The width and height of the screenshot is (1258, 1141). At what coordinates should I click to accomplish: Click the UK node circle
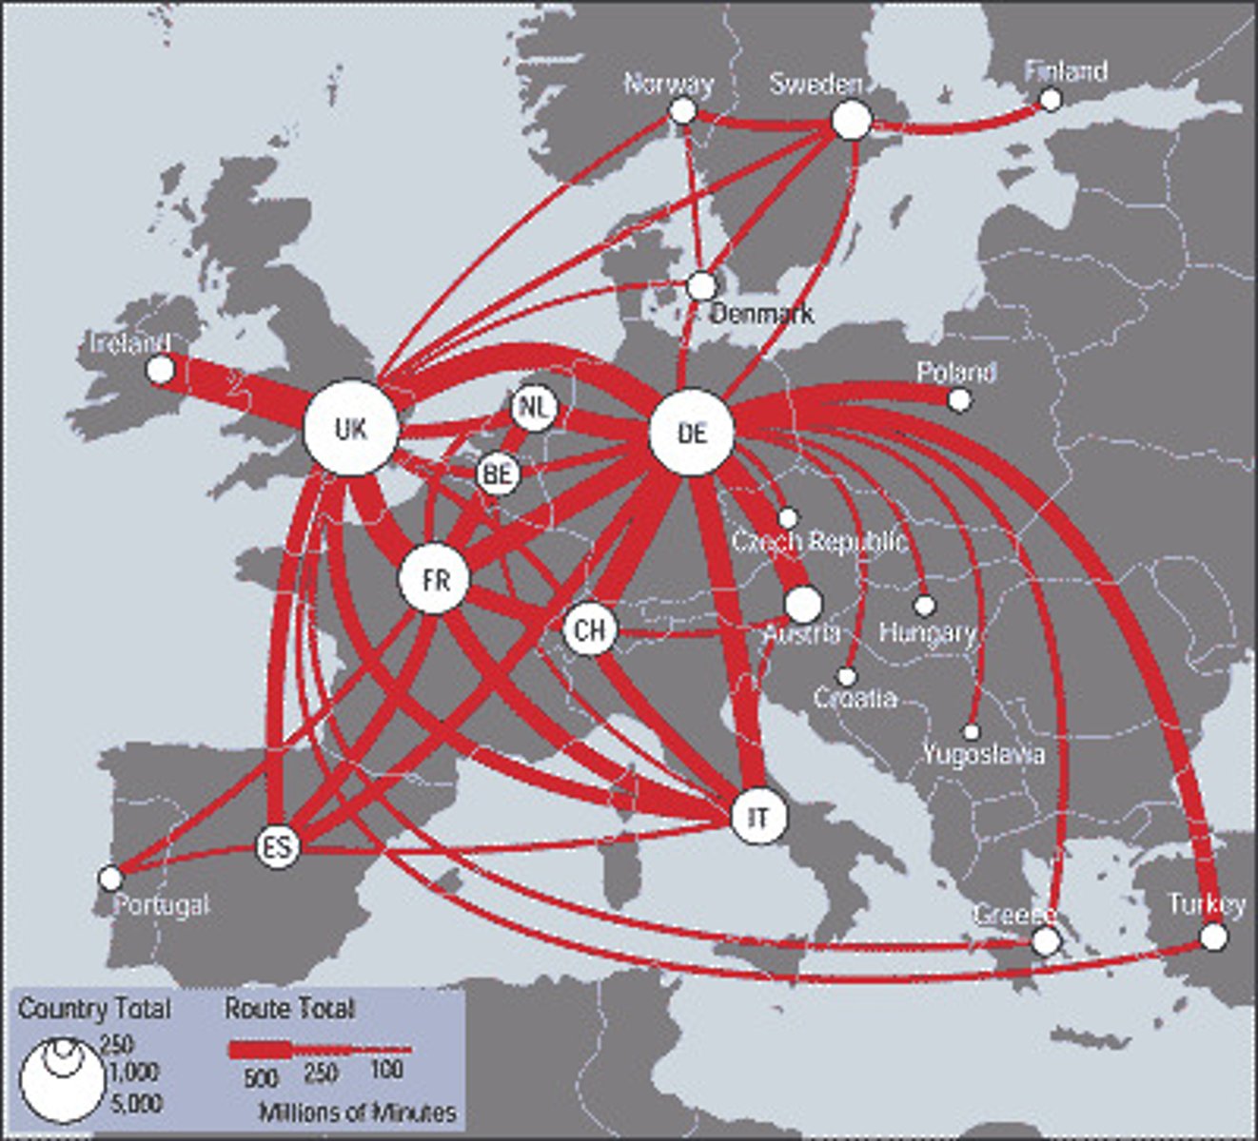tap(350, 429)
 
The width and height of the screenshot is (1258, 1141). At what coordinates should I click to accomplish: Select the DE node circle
tap(692, 433)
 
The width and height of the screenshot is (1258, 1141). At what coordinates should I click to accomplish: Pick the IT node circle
tap(758, 817)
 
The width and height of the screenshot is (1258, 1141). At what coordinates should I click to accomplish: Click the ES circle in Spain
tap(278, 845)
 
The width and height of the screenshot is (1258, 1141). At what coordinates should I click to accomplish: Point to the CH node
tap(590, 629)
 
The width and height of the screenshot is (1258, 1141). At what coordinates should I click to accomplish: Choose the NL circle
tap(534, 409)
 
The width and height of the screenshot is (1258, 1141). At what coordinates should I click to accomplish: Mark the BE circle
tap(498, 473)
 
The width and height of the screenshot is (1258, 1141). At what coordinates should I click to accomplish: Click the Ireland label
tap(130, 343)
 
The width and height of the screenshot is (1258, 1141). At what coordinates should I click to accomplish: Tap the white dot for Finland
tap(1051, 99)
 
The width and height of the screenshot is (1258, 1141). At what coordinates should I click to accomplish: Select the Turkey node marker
tap(1213, 938)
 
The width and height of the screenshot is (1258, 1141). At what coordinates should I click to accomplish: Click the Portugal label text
tap(161, 904)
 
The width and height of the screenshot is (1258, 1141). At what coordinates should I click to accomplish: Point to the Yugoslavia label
tap(983, 755)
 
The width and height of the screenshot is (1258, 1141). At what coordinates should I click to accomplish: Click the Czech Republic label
tap(818, 542)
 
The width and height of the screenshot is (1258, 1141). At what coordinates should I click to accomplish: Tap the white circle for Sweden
tap(852, 121)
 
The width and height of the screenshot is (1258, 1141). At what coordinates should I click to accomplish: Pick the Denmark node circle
tap(701, 285)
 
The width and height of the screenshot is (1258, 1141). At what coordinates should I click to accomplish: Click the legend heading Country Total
tap(94, 1009)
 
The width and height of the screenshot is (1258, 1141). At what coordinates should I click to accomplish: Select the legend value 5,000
tap(136, 1103)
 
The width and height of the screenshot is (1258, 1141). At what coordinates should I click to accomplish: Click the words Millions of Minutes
tap(357, 1112)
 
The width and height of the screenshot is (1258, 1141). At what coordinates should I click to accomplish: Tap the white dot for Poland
tap(960, 399)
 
